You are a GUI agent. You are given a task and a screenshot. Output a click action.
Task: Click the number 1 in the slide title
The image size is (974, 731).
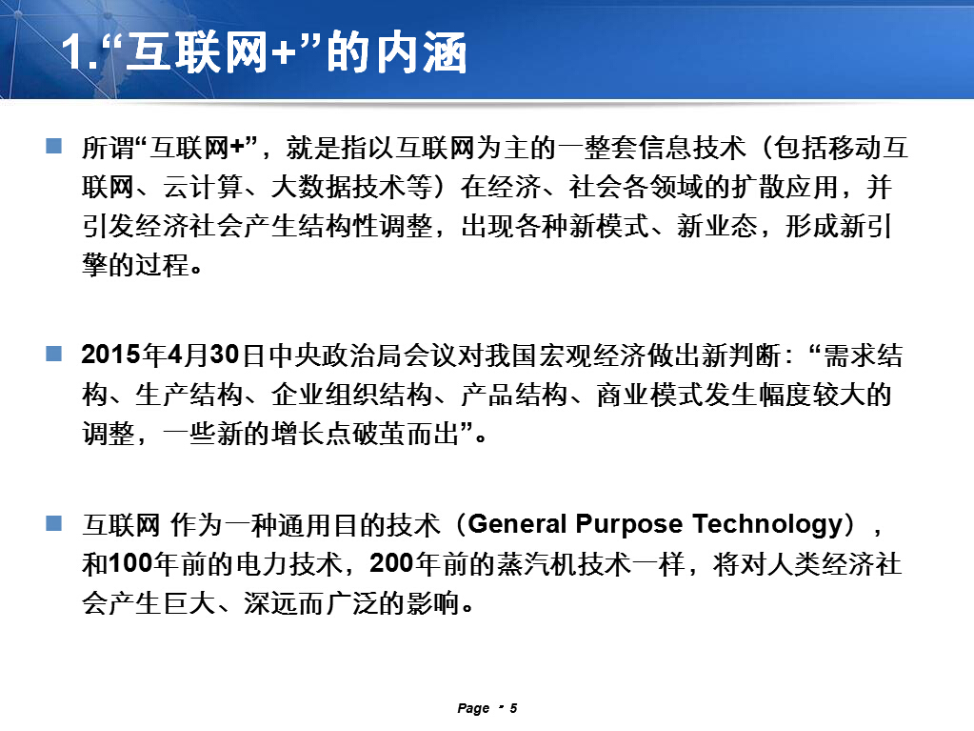[x=72, y=52]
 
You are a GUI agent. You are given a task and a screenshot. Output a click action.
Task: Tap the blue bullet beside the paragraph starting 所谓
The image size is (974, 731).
[x=54, y=146]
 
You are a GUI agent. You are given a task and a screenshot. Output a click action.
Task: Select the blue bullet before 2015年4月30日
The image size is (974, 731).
[x=54, y=354]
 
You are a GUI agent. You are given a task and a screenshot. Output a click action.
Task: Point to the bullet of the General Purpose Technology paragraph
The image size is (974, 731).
[x=54, y=523]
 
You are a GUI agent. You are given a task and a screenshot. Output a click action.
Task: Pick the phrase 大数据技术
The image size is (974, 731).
[x=338, y=187]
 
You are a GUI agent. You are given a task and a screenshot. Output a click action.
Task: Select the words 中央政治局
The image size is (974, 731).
[x=336, y=355]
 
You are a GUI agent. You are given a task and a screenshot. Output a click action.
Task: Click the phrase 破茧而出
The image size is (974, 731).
[x=406, y=433]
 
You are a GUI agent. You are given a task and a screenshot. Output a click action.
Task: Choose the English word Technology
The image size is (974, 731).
[x=767, y=525]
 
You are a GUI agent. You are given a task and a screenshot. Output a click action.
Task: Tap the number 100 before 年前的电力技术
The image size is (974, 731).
[x=130, y=564]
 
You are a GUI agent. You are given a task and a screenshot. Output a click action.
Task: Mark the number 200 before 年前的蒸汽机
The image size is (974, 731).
[x=392, y=564]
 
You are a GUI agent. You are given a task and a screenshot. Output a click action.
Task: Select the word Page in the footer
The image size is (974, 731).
[x=473, y=709]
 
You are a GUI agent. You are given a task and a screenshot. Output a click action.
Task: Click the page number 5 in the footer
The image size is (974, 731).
[x=514, y=708]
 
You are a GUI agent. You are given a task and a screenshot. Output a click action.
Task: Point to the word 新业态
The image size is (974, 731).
[x=717, y=226]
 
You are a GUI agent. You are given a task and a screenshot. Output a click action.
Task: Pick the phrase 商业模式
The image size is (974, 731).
[x=649, y=395]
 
